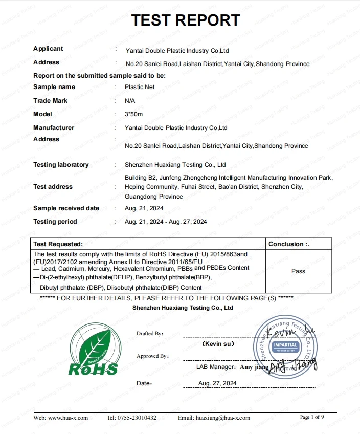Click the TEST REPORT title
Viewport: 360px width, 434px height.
pos(186,20)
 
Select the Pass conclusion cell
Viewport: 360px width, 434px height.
pos(298,271)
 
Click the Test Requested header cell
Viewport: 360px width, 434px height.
pos(58,244)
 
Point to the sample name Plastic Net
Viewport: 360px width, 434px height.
pos(140,87)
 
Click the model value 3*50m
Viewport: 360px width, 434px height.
pos(134,114)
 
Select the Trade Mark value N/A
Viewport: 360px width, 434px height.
pos(130,101)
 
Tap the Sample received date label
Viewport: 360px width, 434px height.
pos(66,208)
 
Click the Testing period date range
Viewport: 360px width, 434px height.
pos(166,222)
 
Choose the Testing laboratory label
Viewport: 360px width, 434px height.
pos(61,165)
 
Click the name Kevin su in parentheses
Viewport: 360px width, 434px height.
pos(218,344)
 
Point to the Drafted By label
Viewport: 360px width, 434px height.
pos(150,334)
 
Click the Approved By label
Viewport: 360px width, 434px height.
pos(152,356)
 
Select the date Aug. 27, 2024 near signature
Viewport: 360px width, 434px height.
pos(217,383)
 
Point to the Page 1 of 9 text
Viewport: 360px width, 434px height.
pos(312,417)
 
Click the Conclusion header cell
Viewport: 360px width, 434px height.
pos(289,244)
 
